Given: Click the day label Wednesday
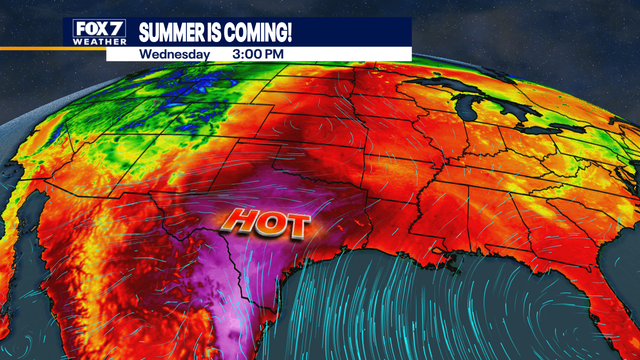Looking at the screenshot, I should [175, 53].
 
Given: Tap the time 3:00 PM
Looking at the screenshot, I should [257, 53].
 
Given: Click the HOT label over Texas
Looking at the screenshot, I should [266, 222].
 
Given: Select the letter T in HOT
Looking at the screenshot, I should [293, 224].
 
